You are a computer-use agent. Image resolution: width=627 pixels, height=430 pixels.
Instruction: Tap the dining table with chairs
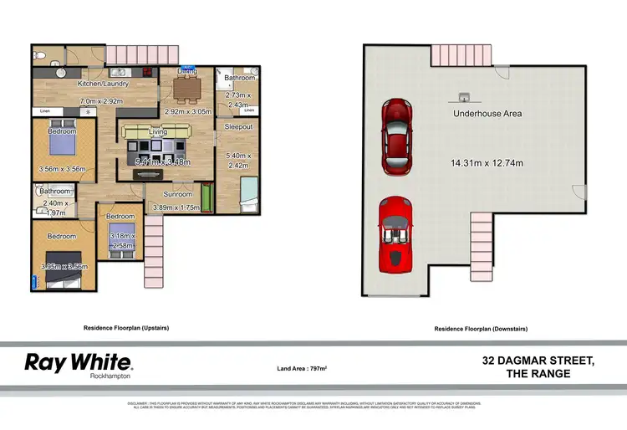(x=184, y=90)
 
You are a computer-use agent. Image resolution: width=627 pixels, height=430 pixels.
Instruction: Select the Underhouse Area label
(x=487, y=113)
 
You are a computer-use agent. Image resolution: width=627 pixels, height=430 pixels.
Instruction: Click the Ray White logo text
(x=78, y=362)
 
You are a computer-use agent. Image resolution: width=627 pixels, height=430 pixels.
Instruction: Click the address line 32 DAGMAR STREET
(x=538, y=361)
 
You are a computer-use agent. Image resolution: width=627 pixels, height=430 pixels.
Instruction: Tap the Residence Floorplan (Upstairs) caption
(x=128, y=329)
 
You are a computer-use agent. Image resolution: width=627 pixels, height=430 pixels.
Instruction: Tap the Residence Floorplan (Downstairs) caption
(x=481, y=329)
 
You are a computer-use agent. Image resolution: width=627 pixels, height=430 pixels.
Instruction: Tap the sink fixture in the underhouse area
(x=462, y=96)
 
